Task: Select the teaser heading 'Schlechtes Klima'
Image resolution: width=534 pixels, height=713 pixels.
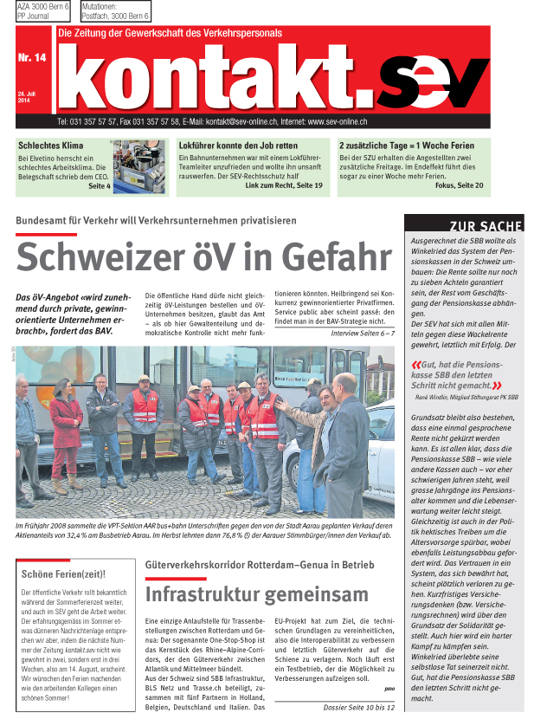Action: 49,145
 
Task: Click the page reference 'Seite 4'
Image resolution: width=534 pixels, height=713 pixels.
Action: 99,185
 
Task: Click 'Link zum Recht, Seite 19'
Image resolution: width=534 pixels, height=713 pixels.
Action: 284,185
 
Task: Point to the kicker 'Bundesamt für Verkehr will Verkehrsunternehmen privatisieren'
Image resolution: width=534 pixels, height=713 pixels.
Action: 156,220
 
